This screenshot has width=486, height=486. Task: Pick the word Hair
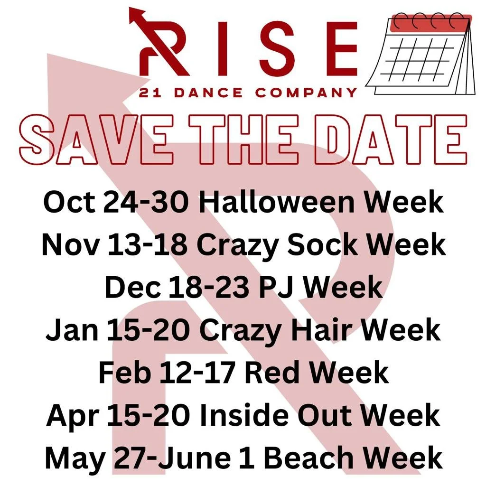(x=332, y=329)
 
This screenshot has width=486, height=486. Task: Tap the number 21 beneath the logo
(x=148, y=93)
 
